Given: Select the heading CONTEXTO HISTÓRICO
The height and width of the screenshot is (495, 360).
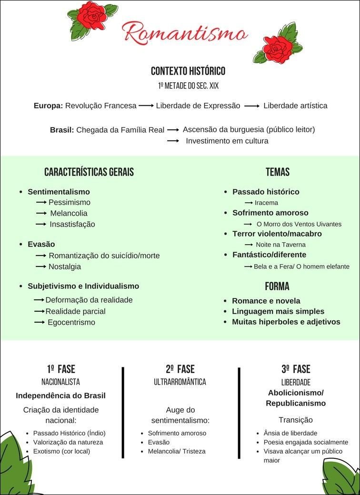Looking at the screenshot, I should pyautogui.click(x=188, y=71).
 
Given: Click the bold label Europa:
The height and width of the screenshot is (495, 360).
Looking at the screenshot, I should pyautogui.click(x=48, y=106).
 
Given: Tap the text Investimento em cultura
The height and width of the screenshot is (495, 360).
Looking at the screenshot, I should pyautogui.click(x=227, y=141).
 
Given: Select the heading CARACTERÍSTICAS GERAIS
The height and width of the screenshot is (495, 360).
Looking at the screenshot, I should pyautogui.click(x=89, y=172).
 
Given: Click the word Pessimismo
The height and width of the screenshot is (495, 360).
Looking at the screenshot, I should pyautogui.click(x=69, y=202).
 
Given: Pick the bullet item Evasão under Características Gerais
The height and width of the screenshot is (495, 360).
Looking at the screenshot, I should pyautogui.click(x=41, y=244).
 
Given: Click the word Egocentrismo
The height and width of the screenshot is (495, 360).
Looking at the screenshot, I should pyautogui.click(x=71, y=322).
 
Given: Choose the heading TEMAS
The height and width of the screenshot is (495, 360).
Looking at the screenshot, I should pyautogui.click(x=278, y=172).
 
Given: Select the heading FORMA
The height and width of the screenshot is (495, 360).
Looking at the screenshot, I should pyautogui.click(x=277, y=287).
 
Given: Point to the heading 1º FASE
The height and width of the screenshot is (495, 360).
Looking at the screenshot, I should pyautogui.click(x=61, y=369).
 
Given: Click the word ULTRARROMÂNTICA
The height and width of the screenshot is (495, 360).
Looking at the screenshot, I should pyautogui.click(x=180, y=382).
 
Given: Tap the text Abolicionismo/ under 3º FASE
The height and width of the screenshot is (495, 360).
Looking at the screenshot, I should pyautogui.click(x=296, y=393).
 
